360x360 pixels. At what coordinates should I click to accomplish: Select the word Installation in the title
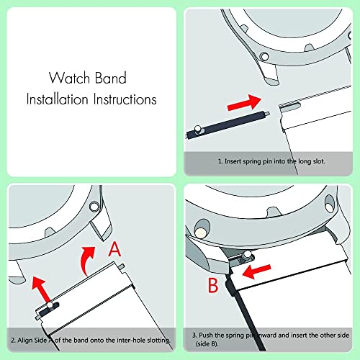59,99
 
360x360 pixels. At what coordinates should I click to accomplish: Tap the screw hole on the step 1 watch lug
264,55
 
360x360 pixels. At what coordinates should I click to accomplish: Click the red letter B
214,285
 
